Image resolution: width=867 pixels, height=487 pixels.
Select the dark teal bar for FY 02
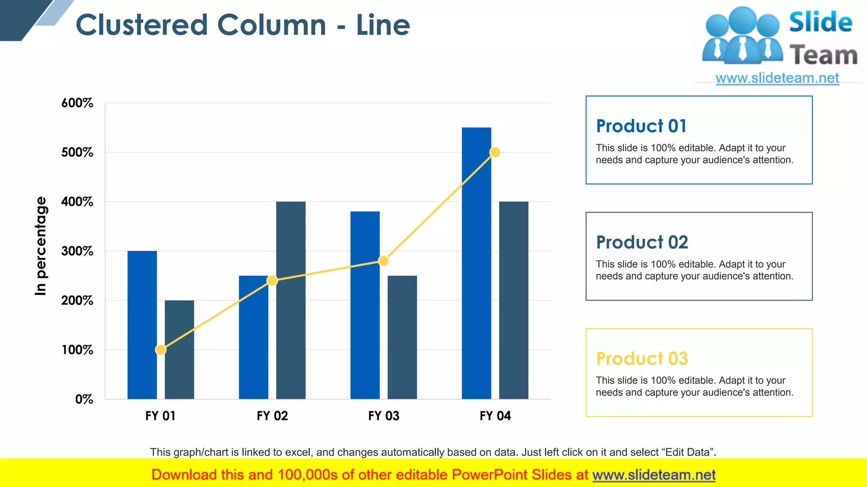point(291,300)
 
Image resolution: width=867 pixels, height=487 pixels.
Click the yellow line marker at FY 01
point(160,350)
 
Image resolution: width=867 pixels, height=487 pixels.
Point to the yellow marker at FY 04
point(494,152)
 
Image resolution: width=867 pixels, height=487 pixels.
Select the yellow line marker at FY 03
point(383,261)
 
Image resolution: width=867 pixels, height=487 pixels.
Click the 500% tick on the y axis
point(77,152)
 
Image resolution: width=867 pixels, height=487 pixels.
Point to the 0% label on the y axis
point(84,399)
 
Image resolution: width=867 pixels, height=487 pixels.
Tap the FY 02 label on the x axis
point(272,416)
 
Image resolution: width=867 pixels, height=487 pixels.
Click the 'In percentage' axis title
point(41,246)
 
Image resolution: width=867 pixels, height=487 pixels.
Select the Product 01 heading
point(641,126)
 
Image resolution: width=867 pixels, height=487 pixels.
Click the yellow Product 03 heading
point(642,358)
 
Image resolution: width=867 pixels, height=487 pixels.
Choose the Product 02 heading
point(642,242)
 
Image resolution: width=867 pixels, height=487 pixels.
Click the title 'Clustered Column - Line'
point(243,25)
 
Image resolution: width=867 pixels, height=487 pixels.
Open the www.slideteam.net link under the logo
point(777,78)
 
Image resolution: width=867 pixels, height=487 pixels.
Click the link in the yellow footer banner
point(654,475)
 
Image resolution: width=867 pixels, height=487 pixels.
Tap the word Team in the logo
point(823,55)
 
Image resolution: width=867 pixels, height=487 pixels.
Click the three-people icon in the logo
point(742,36)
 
